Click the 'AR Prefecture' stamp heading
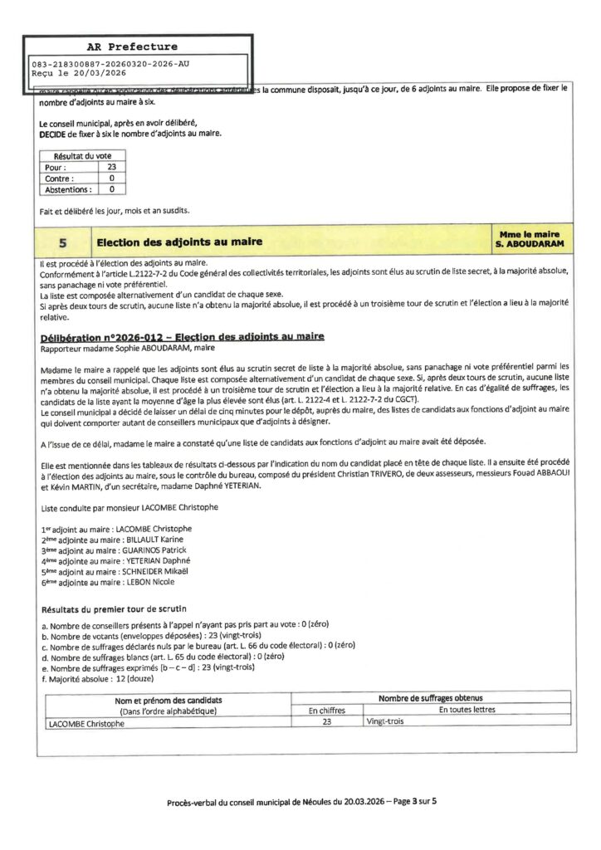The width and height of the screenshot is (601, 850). (x=132, y=47)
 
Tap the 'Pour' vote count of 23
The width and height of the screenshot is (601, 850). (x=111, y=167)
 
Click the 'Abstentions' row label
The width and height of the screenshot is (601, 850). (x=67, y=189)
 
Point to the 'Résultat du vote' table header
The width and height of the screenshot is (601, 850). (x=82, y=156)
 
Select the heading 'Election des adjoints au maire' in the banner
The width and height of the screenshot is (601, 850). (x=179, y=242)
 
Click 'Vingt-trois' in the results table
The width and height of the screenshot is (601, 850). (x=384, y=723)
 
